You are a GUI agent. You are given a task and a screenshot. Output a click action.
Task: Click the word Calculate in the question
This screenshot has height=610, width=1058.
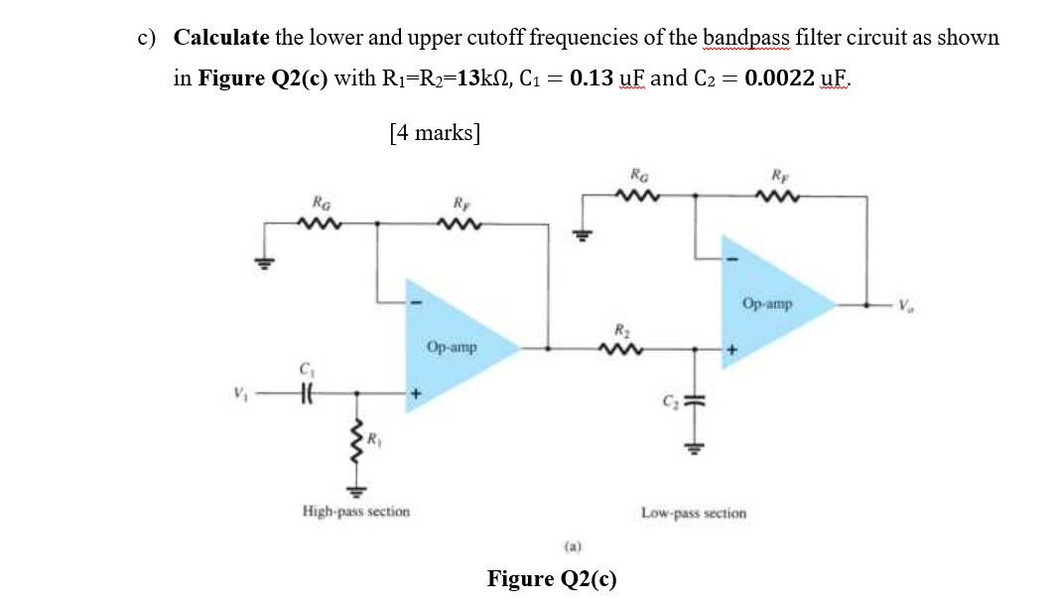221,38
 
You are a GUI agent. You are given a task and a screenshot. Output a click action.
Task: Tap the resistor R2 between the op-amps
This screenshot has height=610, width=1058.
621,349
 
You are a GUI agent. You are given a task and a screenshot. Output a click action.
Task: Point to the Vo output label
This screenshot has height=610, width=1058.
906,303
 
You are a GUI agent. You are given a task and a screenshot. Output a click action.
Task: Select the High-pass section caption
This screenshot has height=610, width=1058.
355,512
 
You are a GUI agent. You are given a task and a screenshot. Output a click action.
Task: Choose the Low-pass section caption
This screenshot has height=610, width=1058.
694,514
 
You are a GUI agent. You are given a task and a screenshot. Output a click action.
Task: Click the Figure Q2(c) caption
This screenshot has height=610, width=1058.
551,579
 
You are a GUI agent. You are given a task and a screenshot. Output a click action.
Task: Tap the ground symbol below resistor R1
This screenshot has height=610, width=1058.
356,489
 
